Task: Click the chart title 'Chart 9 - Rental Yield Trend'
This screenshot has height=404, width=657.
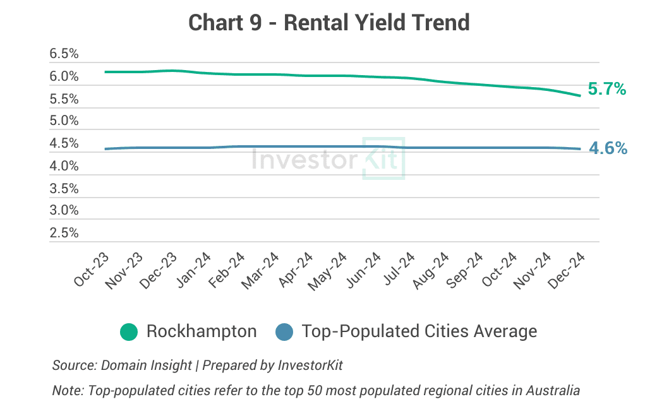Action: (328, 23)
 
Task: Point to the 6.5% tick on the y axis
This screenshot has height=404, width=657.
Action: (64, 54)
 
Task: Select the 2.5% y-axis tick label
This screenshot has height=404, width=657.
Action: (64, 233)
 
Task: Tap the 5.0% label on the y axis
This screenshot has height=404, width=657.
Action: (64, 121)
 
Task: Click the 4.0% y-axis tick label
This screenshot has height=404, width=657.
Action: (64, 166)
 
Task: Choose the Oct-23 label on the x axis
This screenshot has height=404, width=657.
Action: (92, 270)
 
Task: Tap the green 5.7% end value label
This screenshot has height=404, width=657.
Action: (606, 90)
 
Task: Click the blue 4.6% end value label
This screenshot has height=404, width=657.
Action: (608, 148)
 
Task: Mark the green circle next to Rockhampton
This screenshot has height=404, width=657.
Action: (129, 331)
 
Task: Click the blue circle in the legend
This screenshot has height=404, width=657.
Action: (285, 331)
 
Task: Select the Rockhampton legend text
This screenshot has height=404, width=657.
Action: (202, 331)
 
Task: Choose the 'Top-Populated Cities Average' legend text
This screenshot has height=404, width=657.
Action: (419, 331)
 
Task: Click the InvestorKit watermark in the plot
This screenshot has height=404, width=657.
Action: (328, 158)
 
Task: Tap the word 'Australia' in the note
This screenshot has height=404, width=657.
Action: (556, 389)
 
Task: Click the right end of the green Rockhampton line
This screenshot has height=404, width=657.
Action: (580, 96)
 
